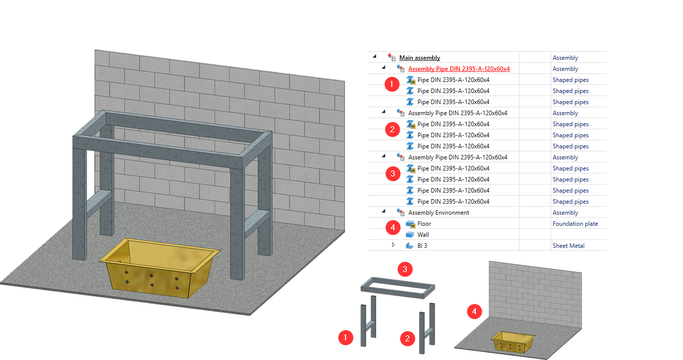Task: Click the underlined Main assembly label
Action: tap(419, 58)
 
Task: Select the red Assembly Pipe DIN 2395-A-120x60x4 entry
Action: tap(459, 69)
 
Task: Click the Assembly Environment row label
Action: tap(439, 213)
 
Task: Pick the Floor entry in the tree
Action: tap(424, 224)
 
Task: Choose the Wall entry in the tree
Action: tap(423, 235)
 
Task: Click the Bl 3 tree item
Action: tap(422, 246)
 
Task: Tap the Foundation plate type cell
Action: tap(575, 224)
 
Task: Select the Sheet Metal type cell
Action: tap(568, 246)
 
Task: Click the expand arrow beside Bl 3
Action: tap(393, 245)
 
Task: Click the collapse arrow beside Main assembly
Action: tap(374, 56)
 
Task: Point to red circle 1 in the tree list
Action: tap(392, 84)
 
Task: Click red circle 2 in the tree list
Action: tap(392, 129)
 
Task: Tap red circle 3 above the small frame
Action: tap(405, 269)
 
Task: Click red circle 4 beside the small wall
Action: tap(474, 312)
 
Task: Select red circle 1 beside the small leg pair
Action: tap(346, 337)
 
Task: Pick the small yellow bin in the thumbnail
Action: tap(513, 342)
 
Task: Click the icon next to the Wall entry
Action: tap(410, 235)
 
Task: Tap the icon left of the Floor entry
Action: tap(410, 224)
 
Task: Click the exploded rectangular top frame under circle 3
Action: tap(398, 288)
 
